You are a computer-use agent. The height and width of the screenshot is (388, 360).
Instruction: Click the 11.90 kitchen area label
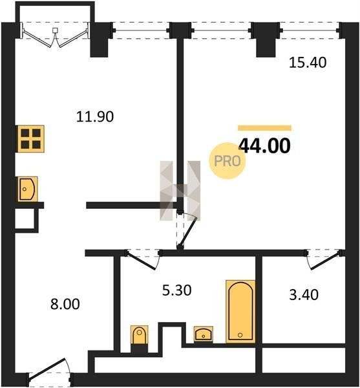[95, 116]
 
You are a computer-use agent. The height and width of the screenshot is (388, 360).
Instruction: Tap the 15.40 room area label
[308, 62]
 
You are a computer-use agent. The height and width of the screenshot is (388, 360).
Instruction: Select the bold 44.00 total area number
[264, 145]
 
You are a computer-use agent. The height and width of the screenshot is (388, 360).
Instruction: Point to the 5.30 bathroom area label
[177, 290]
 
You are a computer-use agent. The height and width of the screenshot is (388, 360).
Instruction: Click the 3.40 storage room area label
[304, 295]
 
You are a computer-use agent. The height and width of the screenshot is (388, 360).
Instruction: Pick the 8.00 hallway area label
[65, 304]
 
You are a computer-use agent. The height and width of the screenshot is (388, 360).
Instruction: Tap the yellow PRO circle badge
[228, 161]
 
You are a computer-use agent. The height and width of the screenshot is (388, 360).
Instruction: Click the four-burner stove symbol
[30, 139]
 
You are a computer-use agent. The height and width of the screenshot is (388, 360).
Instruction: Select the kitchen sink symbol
[27, 189]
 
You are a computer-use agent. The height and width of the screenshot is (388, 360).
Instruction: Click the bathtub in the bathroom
[240, 312]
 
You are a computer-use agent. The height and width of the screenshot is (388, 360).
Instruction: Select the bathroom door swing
[143, 259]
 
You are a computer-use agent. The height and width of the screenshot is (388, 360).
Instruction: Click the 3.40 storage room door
[324, 260]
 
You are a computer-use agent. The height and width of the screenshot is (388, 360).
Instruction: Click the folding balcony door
[55, 37]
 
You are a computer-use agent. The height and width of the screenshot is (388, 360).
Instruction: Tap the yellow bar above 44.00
[264, 128]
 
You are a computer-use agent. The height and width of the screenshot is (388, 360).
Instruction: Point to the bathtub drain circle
[240, 335]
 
